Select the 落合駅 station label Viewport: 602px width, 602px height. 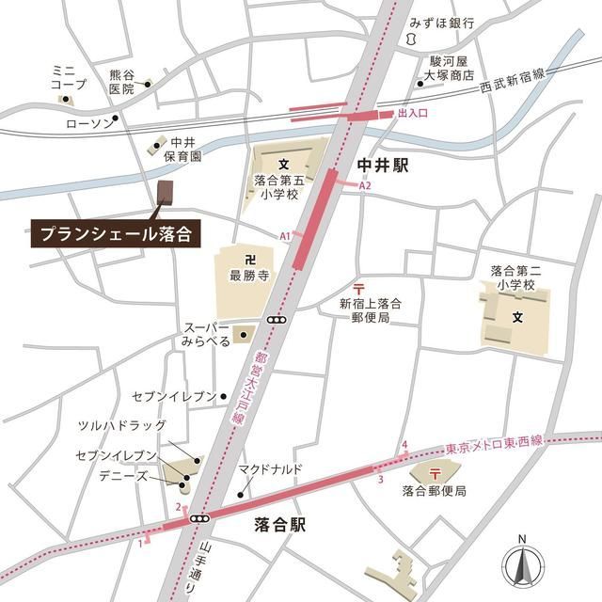[280, 525]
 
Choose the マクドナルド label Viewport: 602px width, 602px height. [270, 469]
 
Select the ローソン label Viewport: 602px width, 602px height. [87, 122]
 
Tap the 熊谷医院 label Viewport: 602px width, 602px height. [121, 81]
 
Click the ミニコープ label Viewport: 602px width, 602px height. [69, 77]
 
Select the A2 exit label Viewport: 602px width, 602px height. [365, 186]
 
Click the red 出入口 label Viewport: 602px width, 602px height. [413, 113]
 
